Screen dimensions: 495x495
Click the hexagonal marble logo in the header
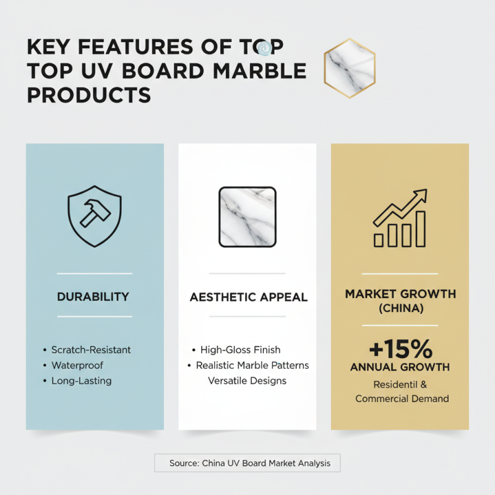point(350,64)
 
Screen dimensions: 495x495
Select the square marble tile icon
point(247,217)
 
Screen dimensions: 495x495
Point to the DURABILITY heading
point(94,296)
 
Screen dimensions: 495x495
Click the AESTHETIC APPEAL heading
point(248,297)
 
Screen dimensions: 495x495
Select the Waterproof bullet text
point(77,365)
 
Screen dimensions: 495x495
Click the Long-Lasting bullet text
point(81,381)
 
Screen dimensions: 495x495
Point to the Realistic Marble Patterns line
point(252,365)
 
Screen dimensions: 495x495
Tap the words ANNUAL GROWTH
point(399,367)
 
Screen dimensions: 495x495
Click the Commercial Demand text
point(402,399)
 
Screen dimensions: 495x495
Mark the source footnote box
point(247,463)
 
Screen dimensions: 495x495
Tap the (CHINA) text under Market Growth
point(400,308)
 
